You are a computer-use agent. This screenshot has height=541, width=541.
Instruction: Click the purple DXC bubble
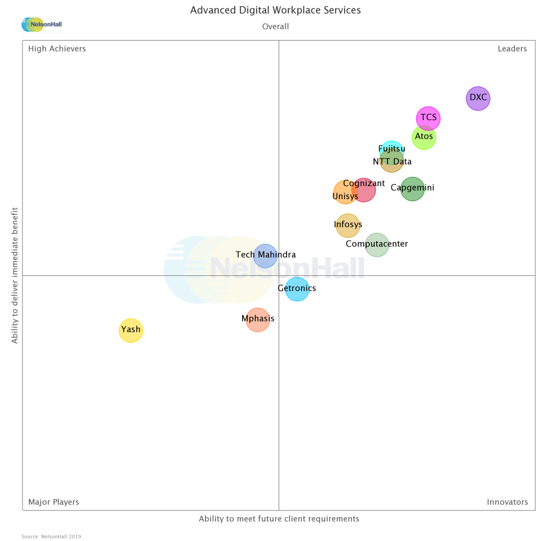478,98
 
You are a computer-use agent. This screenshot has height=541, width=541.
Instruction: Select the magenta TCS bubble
428,118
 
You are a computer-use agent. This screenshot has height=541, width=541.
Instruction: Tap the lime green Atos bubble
424,137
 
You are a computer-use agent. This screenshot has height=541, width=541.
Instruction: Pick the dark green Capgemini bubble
412,188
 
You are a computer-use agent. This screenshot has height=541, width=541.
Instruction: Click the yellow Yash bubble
131,330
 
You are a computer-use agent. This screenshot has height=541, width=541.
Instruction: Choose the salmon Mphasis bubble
258,320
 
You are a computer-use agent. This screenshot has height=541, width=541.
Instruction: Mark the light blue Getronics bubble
297,289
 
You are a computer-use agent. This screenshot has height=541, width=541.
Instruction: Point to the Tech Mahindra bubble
265,255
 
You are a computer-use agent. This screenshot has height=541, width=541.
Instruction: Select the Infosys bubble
348,225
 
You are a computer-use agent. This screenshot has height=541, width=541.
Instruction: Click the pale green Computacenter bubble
377,244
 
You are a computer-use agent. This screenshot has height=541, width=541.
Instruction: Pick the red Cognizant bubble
364,190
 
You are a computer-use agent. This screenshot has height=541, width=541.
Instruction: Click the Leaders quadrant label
512,49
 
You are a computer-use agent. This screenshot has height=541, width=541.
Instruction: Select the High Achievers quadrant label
57,49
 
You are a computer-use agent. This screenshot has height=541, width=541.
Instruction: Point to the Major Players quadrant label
54,502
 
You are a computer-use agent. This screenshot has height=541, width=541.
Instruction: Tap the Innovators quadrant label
507,502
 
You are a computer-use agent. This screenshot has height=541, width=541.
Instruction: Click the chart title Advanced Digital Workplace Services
275,10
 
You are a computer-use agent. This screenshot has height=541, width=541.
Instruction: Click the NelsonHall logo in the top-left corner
41,24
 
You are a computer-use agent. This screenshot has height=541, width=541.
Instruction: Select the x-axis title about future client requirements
279,519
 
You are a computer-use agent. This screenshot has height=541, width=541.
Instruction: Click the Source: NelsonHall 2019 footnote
51,536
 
